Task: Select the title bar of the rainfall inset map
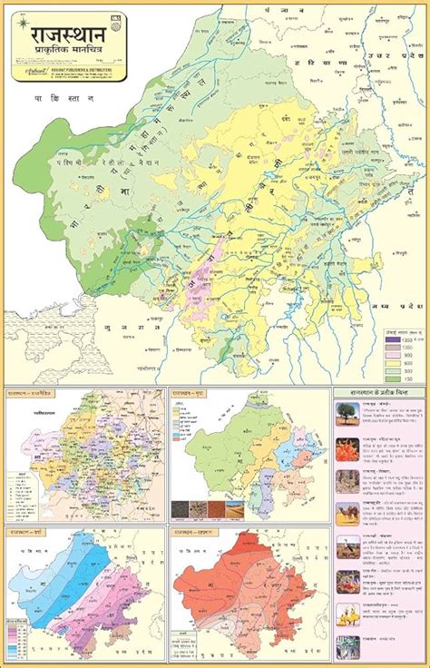coord(32,532)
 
